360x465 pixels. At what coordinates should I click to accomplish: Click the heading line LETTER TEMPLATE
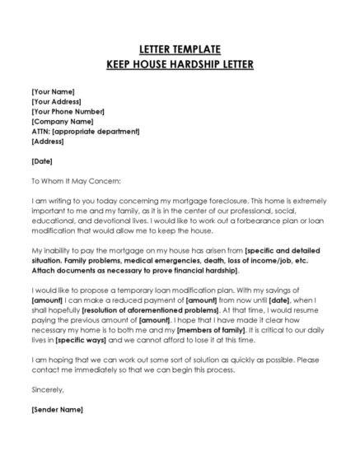(180, 49)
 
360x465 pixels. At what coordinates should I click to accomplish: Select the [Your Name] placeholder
(53, 91)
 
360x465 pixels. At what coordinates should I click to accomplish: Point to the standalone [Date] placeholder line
(42, 161)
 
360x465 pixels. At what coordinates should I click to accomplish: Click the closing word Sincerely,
(47, 390)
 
